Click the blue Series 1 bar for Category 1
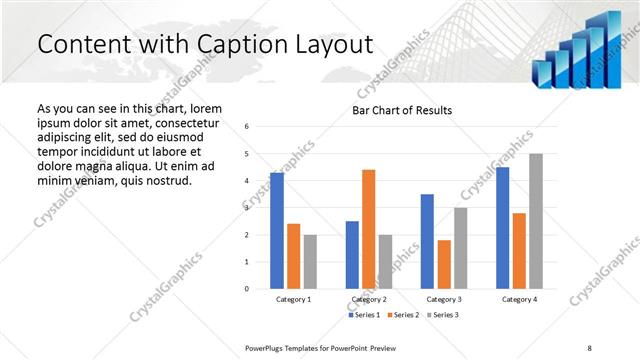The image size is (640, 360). [x=277, y=231]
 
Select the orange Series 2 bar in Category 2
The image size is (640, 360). [x=368, y=229]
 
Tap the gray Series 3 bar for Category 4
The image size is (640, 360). [x=535, y=221]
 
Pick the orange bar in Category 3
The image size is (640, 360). [x=444, y=264]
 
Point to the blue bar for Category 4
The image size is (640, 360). [x=502, y=228]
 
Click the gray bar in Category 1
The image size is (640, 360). [x=310, y=262]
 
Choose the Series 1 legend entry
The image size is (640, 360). [x=365, y=315]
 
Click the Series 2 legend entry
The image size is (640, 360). [x=404, y=315]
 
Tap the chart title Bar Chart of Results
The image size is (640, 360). [x=402, y=110]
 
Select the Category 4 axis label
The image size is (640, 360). [x=518, y=300]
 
